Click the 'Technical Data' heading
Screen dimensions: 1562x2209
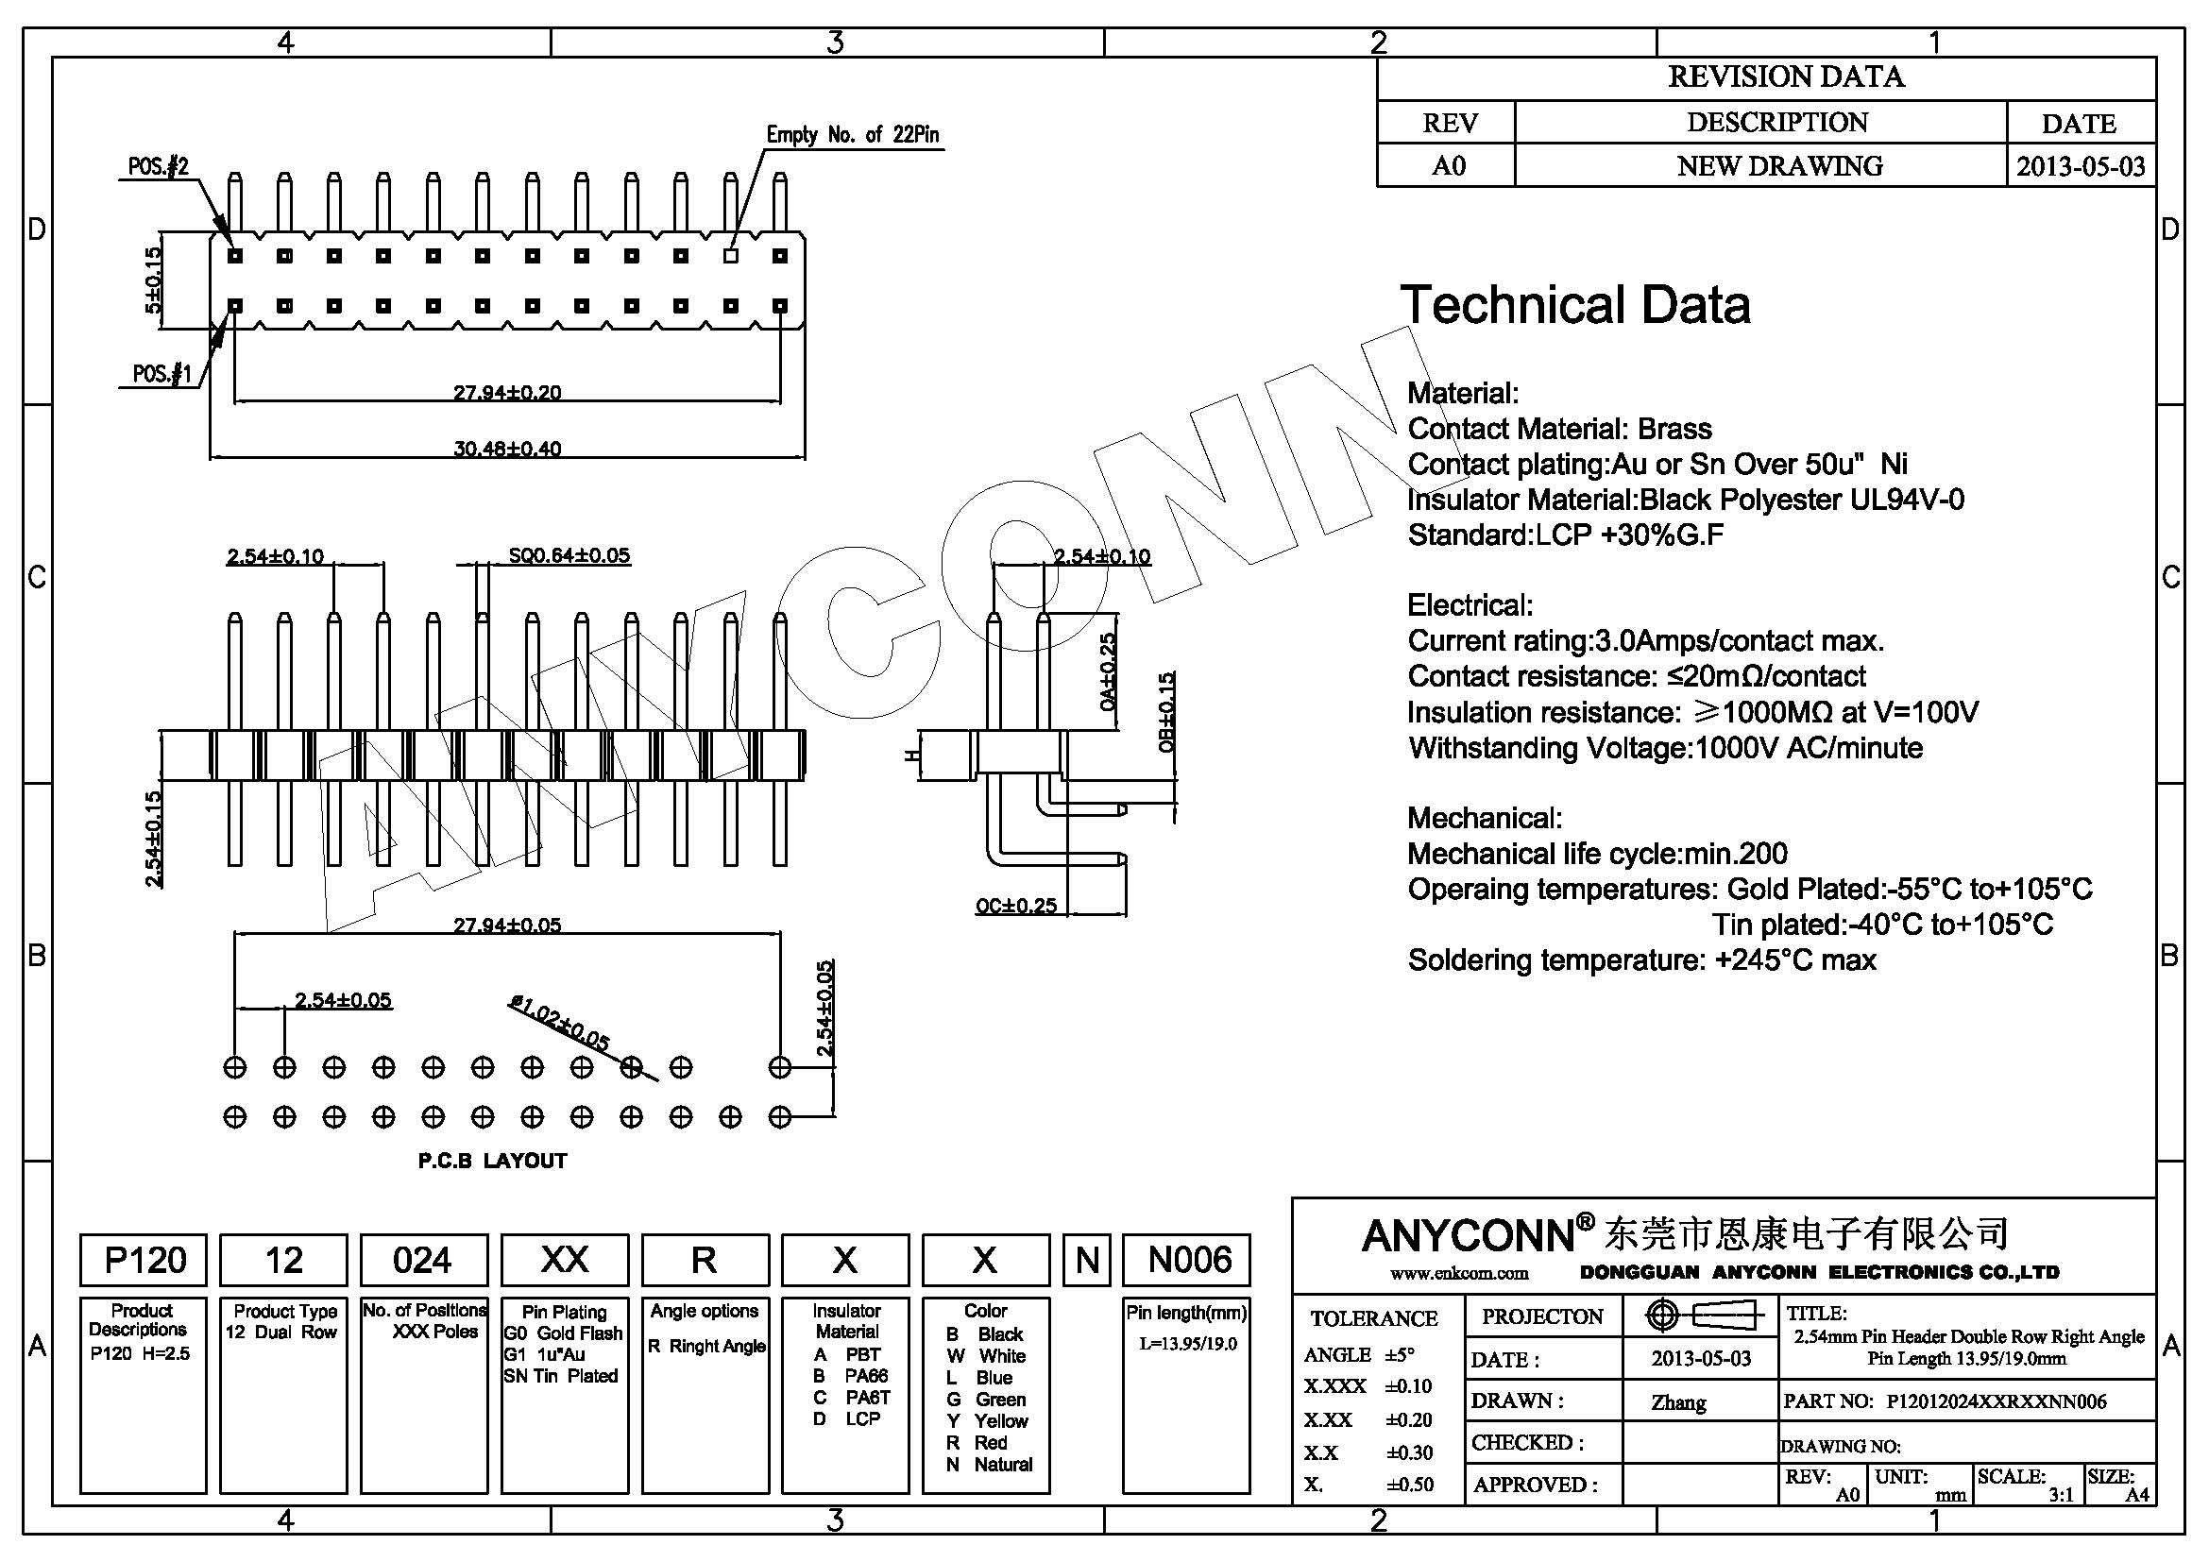[1575, 305]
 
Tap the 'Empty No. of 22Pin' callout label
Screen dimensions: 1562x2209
[853, 135]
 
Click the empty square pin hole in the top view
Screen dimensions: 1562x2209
[730, 256]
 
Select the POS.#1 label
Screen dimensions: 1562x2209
[161, 373]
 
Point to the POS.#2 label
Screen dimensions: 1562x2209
[159, 166]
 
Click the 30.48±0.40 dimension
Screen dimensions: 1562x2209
[507, 449]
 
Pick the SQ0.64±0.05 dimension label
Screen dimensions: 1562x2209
[569, 555]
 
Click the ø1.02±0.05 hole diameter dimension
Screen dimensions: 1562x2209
[560, 1023]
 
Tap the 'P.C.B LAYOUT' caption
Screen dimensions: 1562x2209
[493, 1161]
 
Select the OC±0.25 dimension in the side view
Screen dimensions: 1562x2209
[1016, 905]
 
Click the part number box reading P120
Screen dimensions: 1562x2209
[144, 1260]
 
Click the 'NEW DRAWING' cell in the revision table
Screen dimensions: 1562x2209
[1779, 165]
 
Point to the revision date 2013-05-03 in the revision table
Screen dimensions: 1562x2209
[2080, 166]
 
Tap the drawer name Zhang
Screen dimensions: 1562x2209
[1678, 1402]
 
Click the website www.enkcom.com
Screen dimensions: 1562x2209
[1458, 1273]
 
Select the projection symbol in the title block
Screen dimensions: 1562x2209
[1703, 1315]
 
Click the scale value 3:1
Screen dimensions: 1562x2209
[2061, 1495]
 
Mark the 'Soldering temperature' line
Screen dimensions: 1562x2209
[1641, 959]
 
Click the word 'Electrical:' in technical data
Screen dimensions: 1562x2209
[1470, 605]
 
